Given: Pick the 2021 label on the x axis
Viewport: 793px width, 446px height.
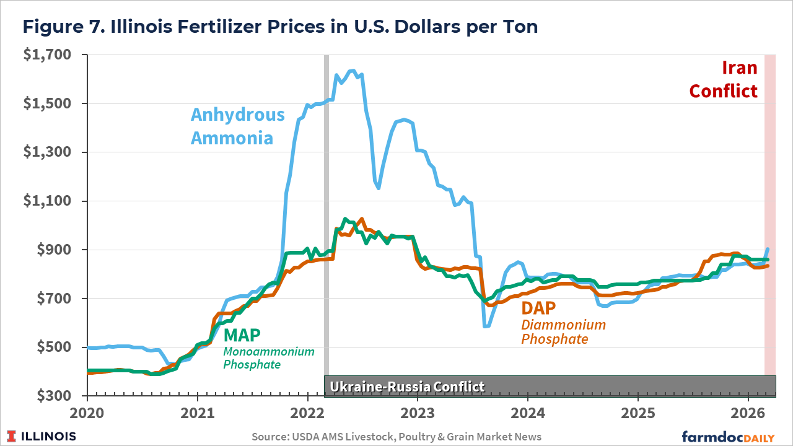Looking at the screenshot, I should [x=197, y=412].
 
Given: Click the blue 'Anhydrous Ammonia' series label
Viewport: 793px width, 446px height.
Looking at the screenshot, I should [x=237, y=126].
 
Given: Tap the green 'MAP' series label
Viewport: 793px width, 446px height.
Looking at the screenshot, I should [x=242, y=335].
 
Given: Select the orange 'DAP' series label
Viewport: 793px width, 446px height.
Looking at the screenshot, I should [x=538, y=308].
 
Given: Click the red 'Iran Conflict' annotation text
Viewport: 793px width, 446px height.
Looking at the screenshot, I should [x=723, y=79].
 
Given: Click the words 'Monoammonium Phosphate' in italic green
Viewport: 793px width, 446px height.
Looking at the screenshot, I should [x=268, y=358].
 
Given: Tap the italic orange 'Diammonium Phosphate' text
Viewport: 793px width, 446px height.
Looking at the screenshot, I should [x=563, y=332].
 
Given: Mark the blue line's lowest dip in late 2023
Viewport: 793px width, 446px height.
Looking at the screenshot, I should [x=486, y=326].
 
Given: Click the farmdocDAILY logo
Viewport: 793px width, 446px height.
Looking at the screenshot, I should [x=728, y=437].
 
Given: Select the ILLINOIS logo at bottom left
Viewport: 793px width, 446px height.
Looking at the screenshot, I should [x=42, y=437].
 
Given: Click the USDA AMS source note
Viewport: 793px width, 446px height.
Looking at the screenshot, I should [x=396, y=437].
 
